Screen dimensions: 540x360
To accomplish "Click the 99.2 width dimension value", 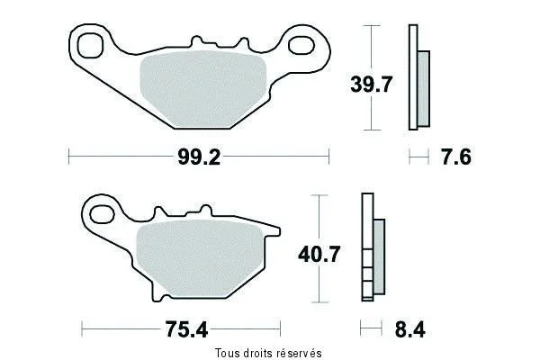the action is [199, 157].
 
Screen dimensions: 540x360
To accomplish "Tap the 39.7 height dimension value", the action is [371, 85].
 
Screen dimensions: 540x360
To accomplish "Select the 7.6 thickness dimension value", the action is [456, 157].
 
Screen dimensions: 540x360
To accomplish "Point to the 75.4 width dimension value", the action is [186, 329].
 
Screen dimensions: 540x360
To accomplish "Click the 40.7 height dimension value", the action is [319, 254].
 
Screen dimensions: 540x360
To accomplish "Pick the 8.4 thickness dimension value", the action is [410, 329].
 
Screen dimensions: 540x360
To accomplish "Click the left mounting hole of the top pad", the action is [90, 46].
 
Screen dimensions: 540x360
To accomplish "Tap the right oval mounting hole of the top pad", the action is [301, 46].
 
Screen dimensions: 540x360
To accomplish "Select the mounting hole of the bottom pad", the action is [102, 214].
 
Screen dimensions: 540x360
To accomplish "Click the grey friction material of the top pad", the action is [203, 89].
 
